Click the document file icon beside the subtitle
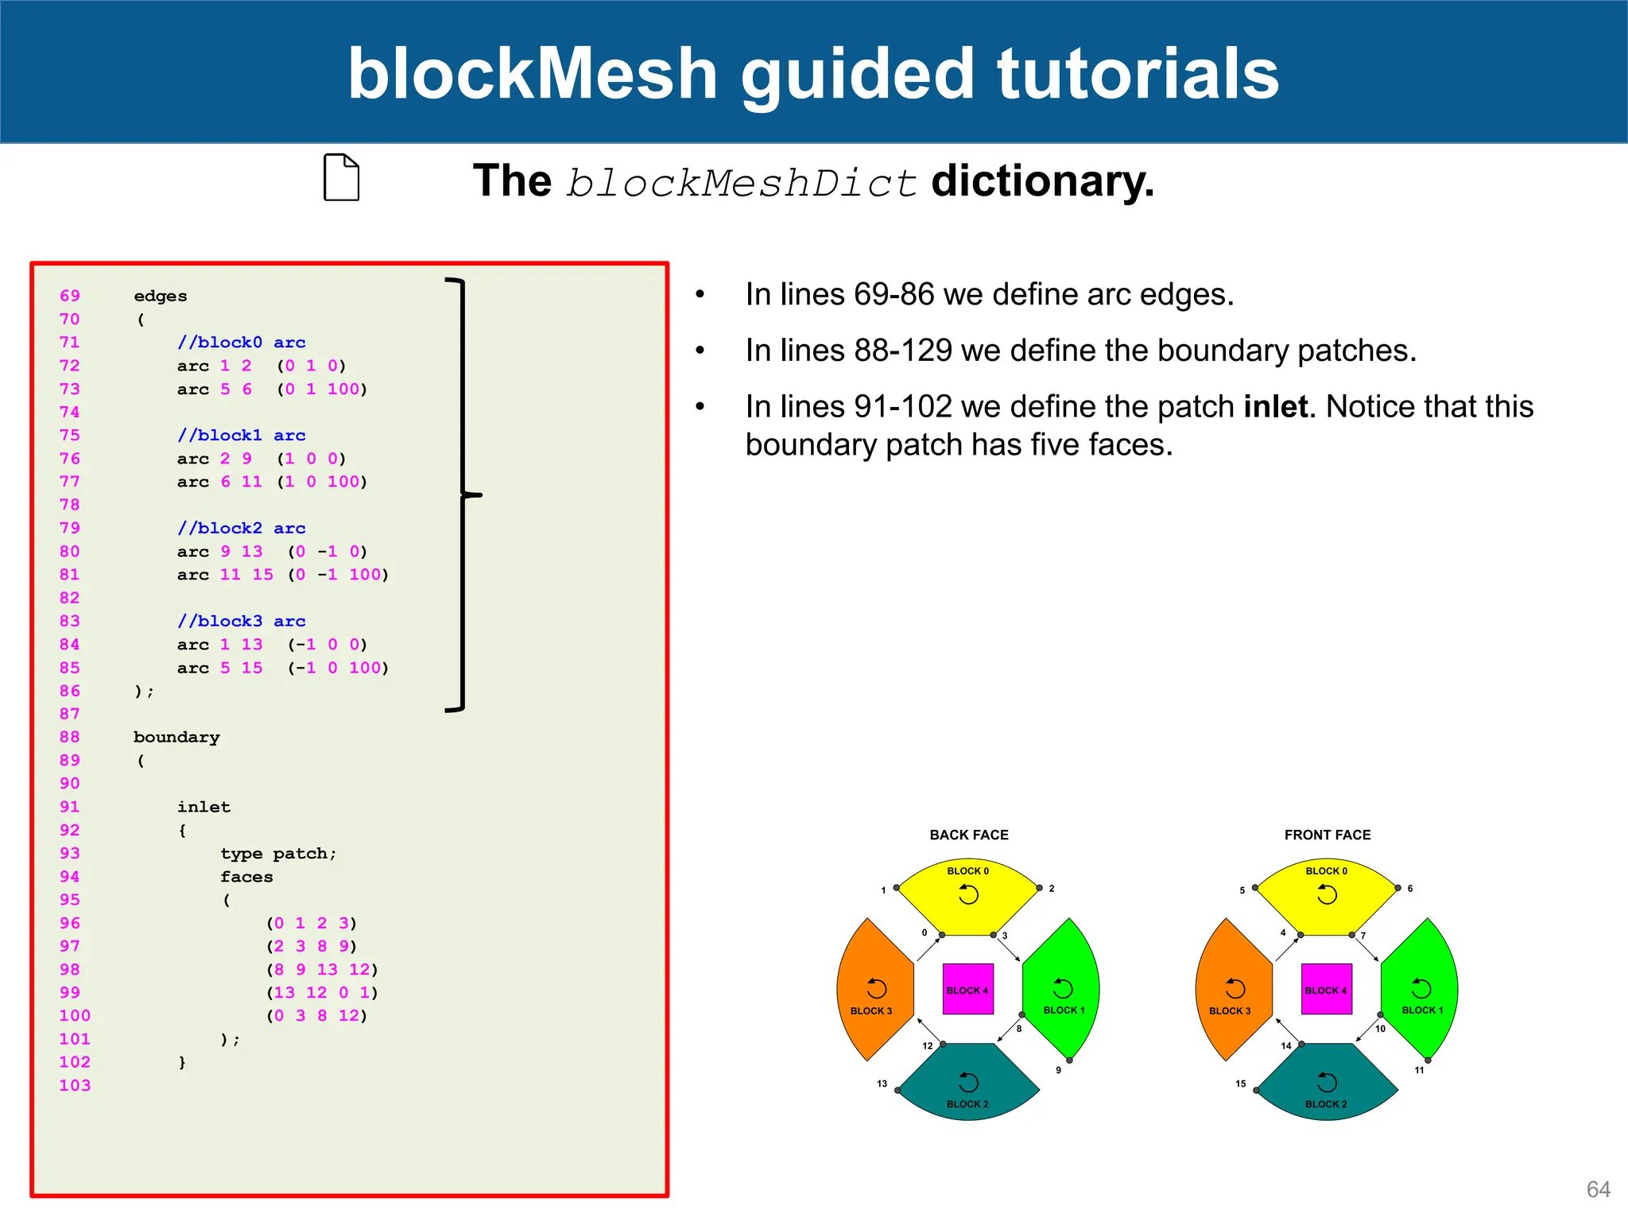pyautogui.click(x=341, y=177)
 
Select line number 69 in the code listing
pyautogui.click(x=70, y=296)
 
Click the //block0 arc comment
pyautogui.click(x=241, y=343)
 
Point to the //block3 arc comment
pyautogui.click(x=241, y=622)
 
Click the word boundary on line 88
pyautogui.click(x=176, y=737)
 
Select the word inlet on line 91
pyautogui.click(x=203, y=807)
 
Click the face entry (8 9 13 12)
pyautogui.click(x=322, y=969)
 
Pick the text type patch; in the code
pyautogui.click(x=278, y=854)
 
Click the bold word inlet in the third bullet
pyautogui.click(x=1275, y=407)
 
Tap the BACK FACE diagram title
pyautogui.click(x=968, y=835)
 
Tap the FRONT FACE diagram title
pyautogui.click(x=1327, y=835)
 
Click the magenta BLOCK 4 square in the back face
pyautogui.click(x=967, y=989)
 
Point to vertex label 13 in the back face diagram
pyautogui.click(x=882, y=1083)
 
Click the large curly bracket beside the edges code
pyautogui.click(x=463, y=494)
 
